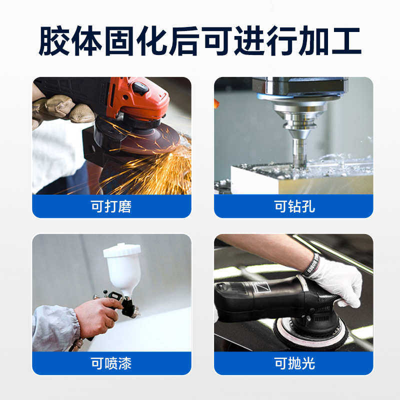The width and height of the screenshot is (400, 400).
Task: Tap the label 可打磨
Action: pos(111,206)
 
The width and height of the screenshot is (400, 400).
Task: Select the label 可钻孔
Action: pos(294,206)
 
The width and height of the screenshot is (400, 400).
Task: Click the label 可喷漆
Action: pos(111,363)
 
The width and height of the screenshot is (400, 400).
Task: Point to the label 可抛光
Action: pos(294,363)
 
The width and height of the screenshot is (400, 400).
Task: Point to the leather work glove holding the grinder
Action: pos(57,106)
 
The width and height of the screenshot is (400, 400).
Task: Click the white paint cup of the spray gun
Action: pos(122,272)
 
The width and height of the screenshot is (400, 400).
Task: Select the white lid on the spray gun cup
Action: pos(121,249)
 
